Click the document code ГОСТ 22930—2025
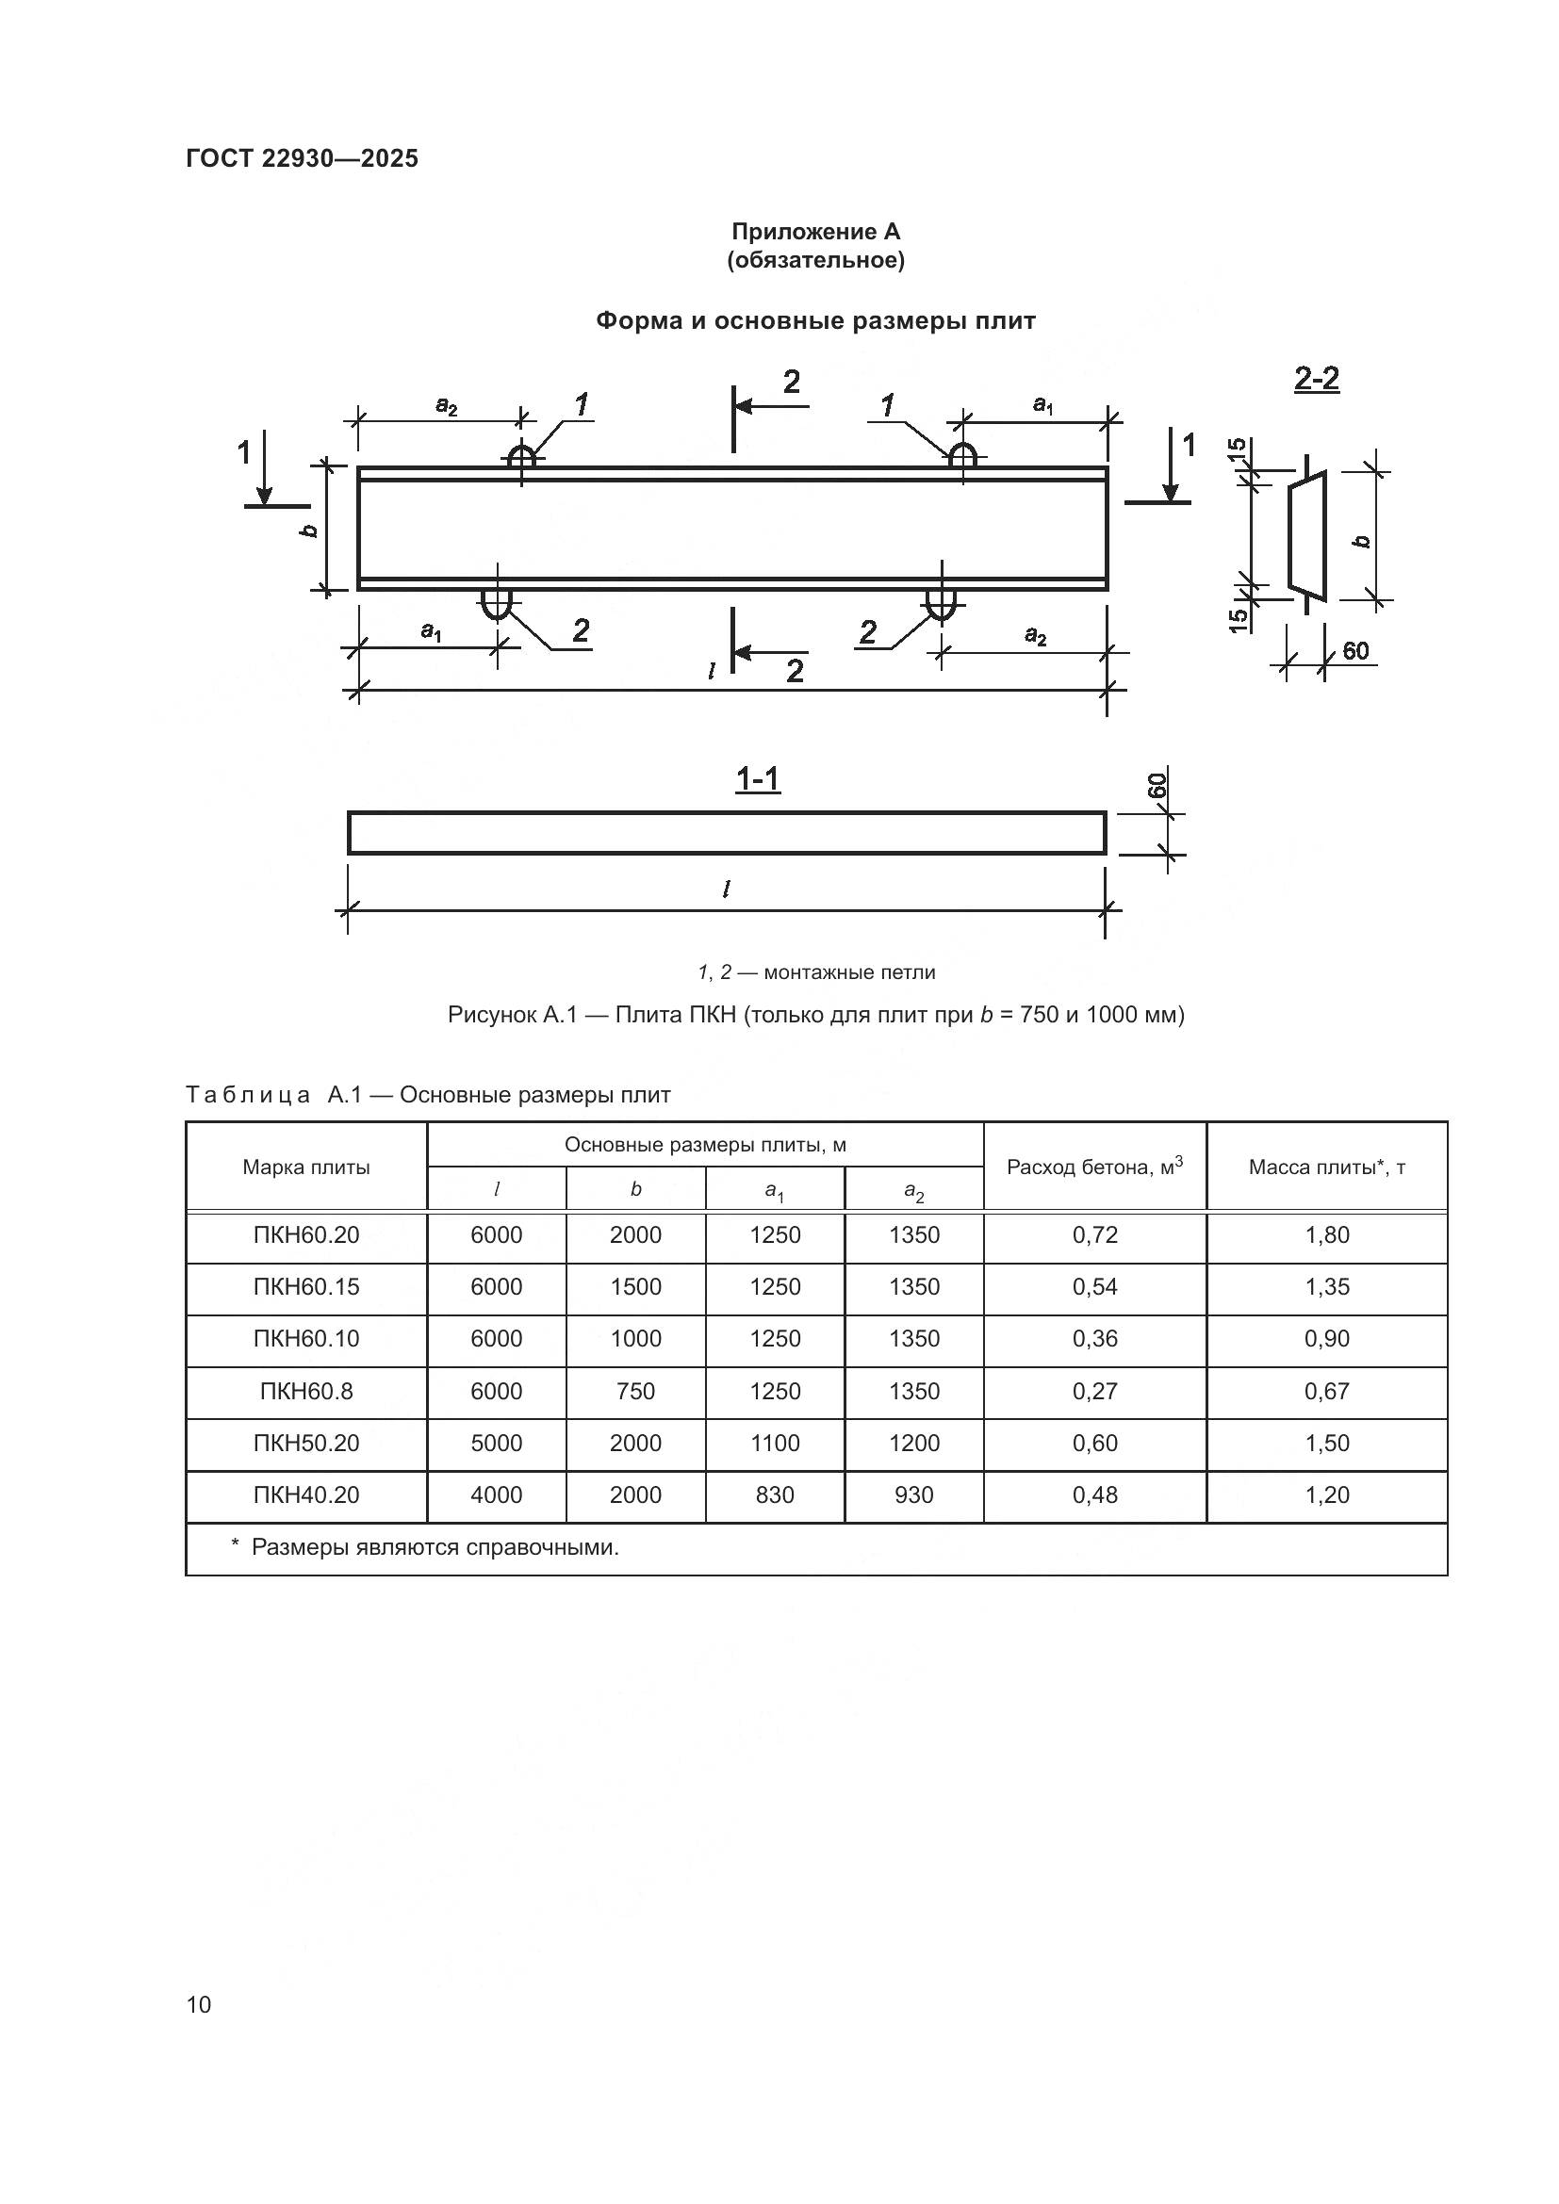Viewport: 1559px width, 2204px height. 302,158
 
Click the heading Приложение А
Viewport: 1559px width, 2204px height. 815,232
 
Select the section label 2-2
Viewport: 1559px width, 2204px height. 1316,379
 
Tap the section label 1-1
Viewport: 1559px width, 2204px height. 758,778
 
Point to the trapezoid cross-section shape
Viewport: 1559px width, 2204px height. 1306,535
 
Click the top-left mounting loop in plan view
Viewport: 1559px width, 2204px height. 521,457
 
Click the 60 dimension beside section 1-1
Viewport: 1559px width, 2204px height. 1157,785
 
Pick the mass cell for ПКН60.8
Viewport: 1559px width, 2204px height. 1327,1391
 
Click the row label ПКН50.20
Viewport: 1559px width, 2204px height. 306,1443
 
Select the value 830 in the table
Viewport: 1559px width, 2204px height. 775,1494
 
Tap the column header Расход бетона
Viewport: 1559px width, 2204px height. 1094,1167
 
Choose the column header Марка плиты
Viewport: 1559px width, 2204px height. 306,1167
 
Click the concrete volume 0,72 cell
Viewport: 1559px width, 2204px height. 1094,1235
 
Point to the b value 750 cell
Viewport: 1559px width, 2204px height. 635,1391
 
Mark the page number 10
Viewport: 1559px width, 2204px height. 199,2004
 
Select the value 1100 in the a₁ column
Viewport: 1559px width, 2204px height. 775,1443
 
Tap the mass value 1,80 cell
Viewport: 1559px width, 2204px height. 1327,1235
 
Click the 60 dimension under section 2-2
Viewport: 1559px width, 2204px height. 1354,651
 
